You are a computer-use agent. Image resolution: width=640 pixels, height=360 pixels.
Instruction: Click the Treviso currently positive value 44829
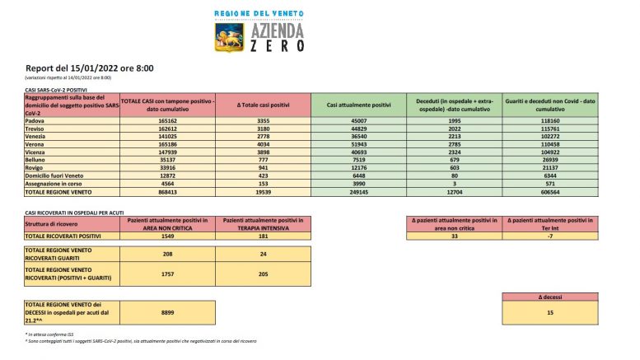tap(359, 129)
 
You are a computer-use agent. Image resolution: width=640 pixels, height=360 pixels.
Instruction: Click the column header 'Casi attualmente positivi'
tap(359, 105)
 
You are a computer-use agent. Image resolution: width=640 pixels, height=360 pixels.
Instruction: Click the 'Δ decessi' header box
tap(550, 297)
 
